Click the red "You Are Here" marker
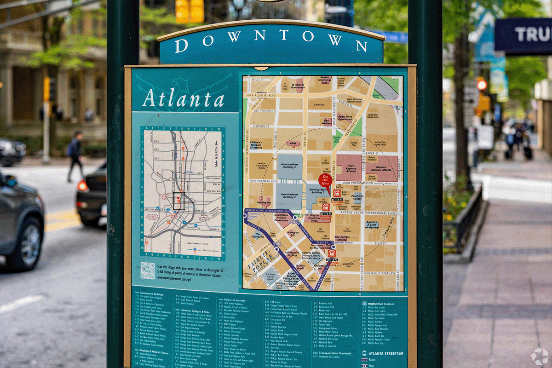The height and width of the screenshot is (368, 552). pos(325,180)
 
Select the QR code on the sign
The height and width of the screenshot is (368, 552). pos(148,270)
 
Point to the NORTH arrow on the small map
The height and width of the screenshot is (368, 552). pos(216,157)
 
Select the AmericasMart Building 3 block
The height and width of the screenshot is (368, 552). pos(289,167)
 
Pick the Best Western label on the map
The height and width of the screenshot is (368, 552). pos(326,122)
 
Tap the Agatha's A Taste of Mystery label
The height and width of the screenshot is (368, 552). pos(372,225)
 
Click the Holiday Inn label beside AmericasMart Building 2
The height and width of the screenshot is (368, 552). pos(264,201)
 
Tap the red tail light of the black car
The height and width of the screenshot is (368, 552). pos(82,186)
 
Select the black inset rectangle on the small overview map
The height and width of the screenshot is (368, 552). pos(179,201)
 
